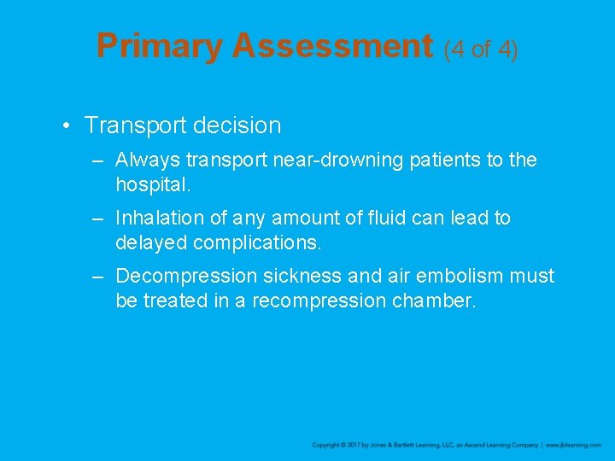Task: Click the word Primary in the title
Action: tap(159, 46)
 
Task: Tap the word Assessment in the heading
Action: tap(332, 46)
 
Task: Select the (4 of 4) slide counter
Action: tap(481, 49)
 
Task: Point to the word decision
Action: tap(237, 125)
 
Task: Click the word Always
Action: tap(143, 160)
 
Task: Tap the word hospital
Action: tap(153, 184)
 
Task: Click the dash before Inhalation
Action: tap(100, 219)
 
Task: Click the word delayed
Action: tap(151, 242)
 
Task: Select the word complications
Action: tap(257, 242)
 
